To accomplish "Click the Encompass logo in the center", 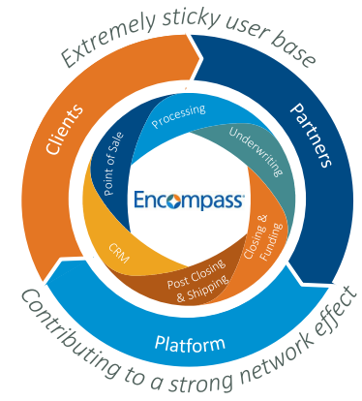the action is click(189, 200).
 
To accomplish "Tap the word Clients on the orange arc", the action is click(64, 130).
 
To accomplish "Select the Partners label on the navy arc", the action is click(311, 135).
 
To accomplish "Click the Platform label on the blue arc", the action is click(190, 344).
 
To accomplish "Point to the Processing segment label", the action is click(178, 116).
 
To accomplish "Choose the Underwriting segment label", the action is click(256, 151).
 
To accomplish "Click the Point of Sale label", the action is click(113, 164).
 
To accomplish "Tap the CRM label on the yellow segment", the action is click(119, 253).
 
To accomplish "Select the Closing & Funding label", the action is click(262, 237).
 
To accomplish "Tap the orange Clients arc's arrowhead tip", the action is click(202, 57).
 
